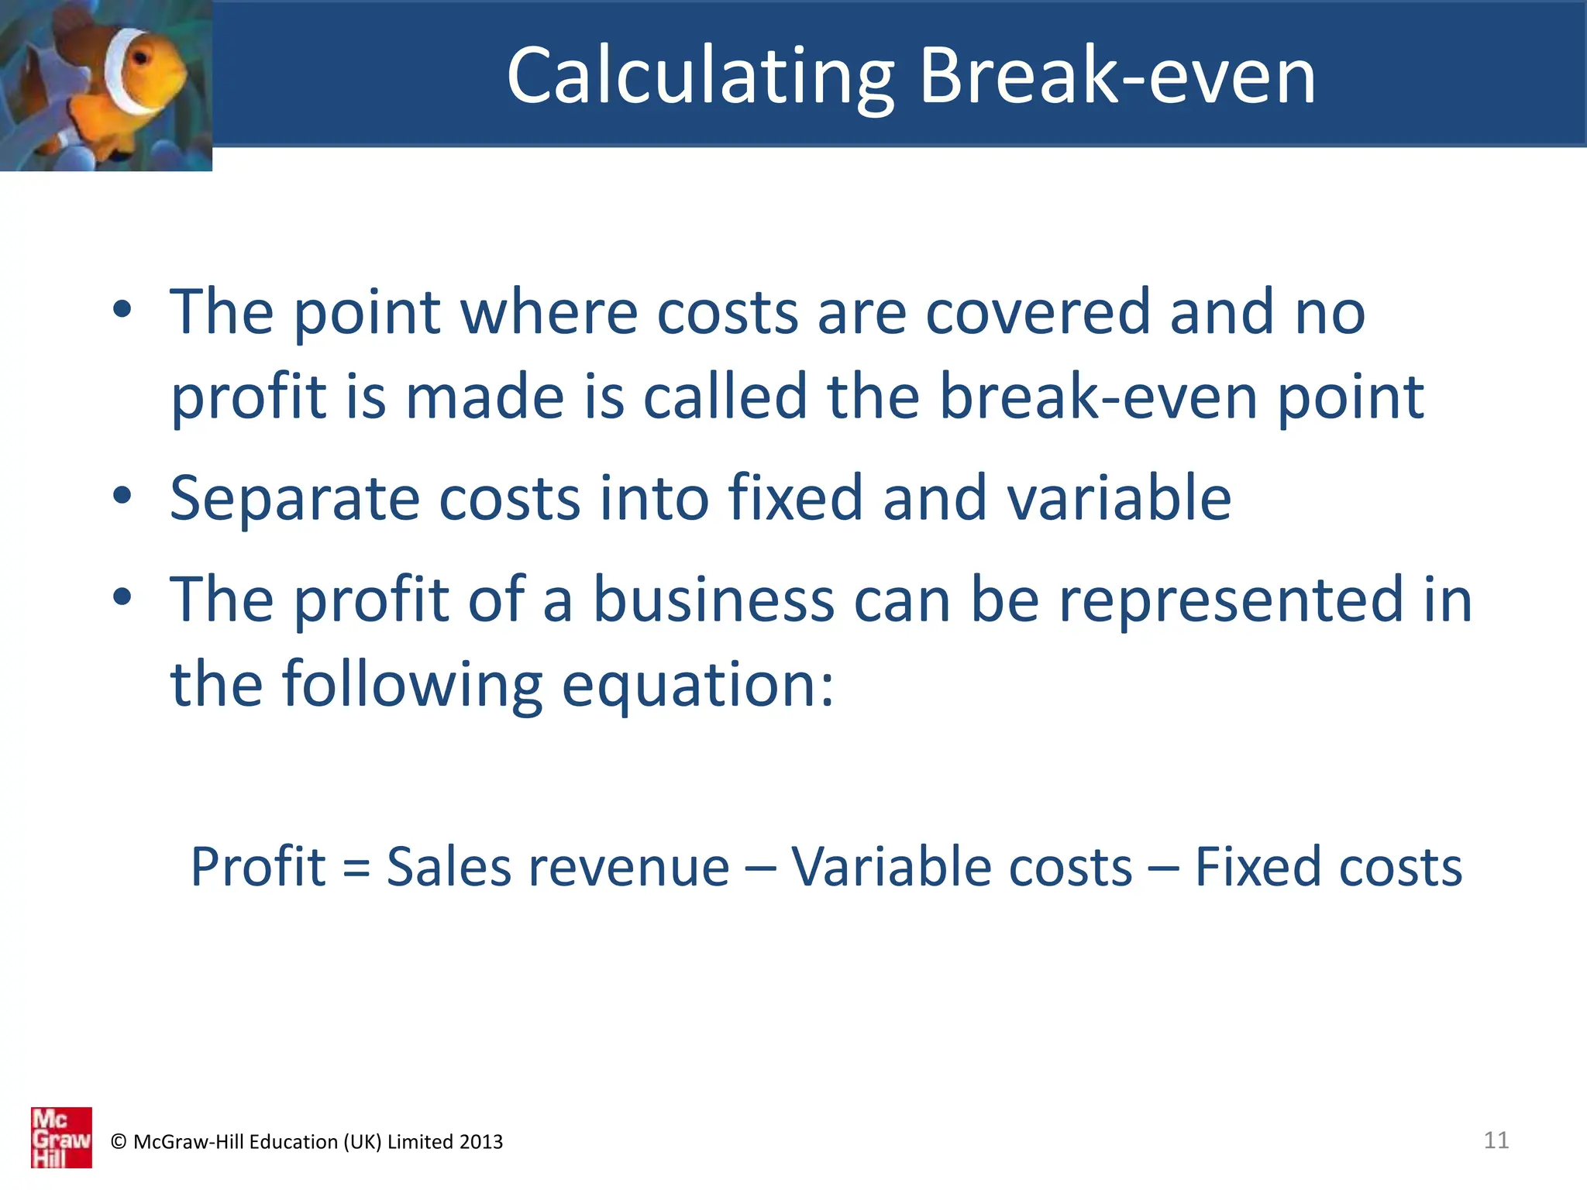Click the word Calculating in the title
click(700, 76)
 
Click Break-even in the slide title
click(1117, 76)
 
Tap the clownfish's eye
click(142, 57)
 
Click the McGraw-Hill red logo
click(61, 1137)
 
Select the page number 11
click(1496, 1140)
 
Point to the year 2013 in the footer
click(480, 1142)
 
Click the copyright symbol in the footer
click(119, 1142)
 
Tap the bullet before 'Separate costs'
click(122, 495)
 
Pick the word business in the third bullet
click(713, 600)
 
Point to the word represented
click(1231, 600)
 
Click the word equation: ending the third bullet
click(697, 686)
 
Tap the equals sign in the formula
click(356, 868)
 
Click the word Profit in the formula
click(258, 867)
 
